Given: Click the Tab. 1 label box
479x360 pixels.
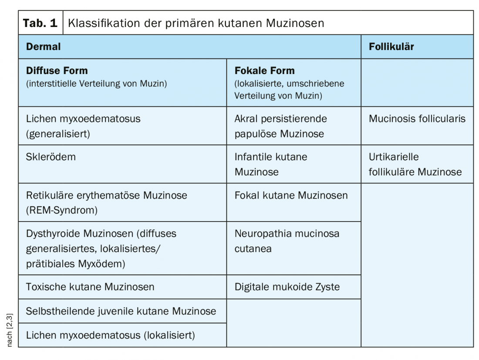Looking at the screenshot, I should pos(40,23).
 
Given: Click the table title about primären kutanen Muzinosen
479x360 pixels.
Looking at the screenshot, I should pos(196,23).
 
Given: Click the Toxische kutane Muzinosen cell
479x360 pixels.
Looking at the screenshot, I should pos(91,287).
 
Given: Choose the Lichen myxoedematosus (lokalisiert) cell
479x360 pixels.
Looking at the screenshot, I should pos(110,335).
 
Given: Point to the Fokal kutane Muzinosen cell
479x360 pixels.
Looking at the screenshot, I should pos(291,196).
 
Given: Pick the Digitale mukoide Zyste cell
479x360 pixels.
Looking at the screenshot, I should pos(287,287).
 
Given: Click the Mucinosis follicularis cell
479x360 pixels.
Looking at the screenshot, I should pos(417,119).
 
